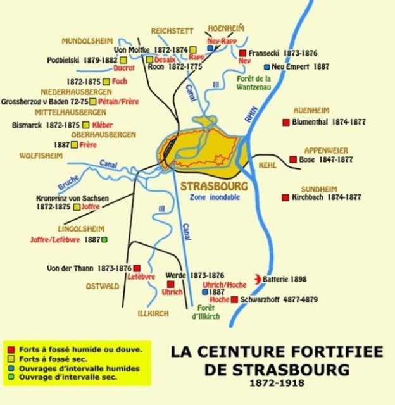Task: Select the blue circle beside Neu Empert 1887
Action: pyautogui.click(x=266, y=66)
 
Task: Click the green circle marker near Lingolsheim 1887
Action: pyautogui.click(x=104, y=240)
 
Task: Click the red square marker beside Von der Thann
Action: pyautogui.click(x=136, y=268)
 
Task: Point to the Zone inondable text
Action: pyautogui.click(x=210, y=197)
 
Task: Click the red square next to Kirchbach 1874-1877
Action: pyautogui.click(x=285, y=197)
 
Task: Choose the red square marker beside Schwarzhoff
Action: pyautogui.click(x=235, y=299)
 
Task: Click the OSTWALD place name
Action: pyautogui.click(x=103, y=286)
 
